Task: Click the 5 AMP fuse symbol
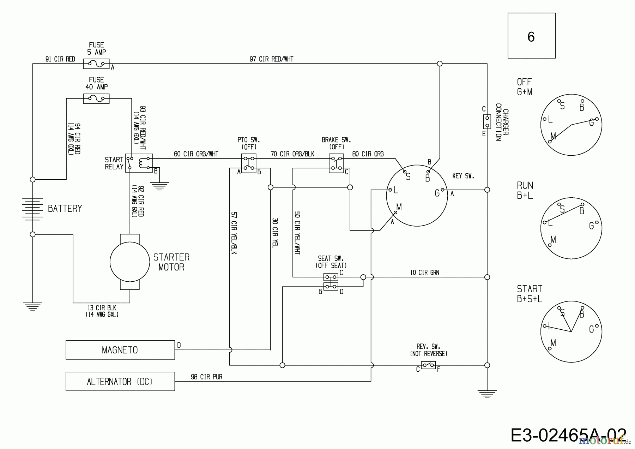pyautogui.click(x=96, y=64)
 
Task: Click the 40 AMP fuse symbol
pyautogui.click(x=96, y=98)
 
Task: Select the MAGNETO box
pyautogui.click(x=120, y=350)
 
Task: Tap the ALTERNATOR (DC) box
pyautogui.click(x=120, y=381)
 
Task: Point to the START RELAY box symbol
pyautogui.click(x=139, y=163)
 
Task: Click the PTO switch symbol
pyautogui.click(x=249, y=163)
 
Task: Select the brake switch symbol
pyautogui.click(x=336, y=163)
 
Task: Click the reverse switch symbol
pyautogui.click(x=428, y=365)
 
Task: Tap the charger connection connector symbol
pyautogui.click(x=487, y=121)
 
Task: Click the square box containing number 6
pyautogui.click(x=531, y=36)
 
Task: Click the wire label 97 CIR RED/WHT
pyautogui.click(x=271, y=59)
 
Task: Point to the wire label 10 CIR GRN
pyautogui.click(x=424, y=273)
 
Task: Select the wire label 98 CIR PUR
pyautogui.click(x=206, y=377)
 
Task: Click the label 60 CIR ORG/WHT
pyautogui.click(x=196, y=154)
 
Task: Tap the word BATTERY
pyautogui.click(x=65, y=209)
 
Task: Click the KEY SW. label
pyautogui.click(x=463, y=176)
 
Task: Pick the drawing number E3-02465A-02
pyautogui.click(x=568, y=435)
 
